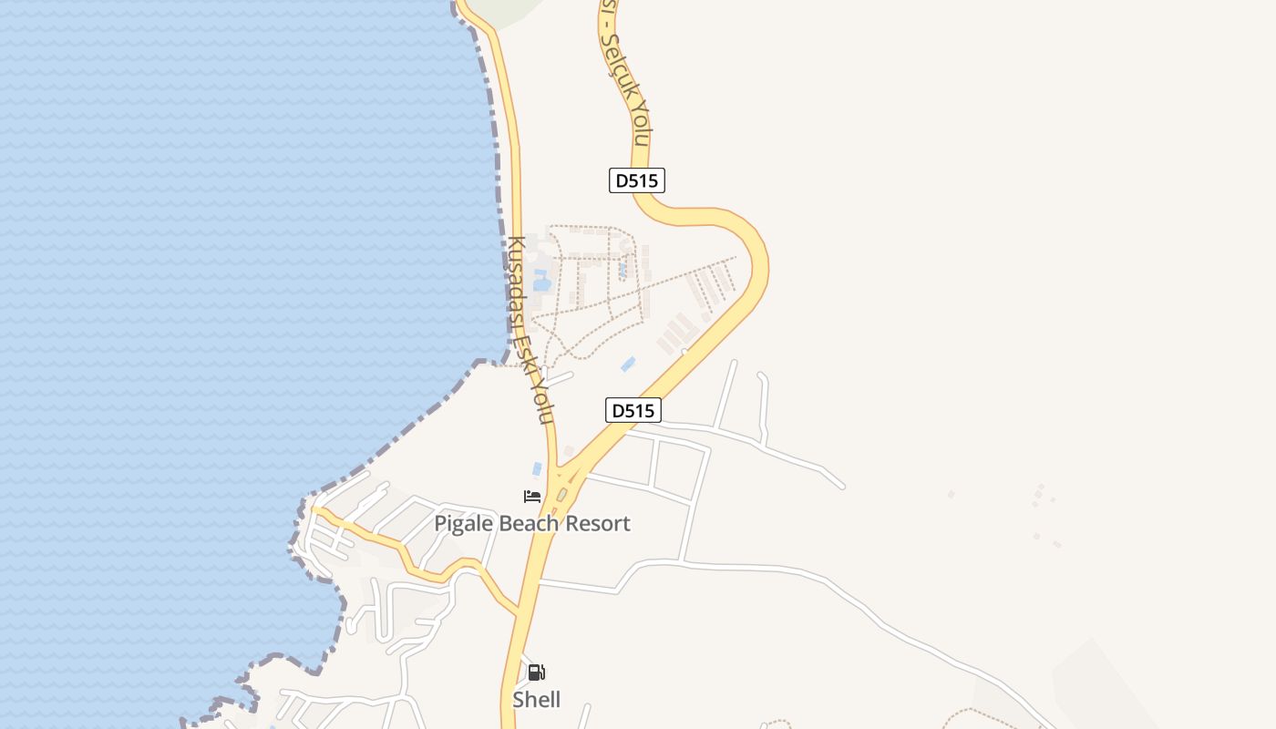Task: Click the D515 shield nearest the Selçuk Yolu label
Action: [636, 180]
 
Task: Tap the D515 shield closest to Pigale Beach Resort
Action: [633, 410]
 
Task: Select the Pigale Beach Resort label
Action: [531, 523]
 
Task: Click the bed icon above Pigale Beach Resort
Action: [532, 497]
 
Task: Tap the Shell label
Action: [536, 700]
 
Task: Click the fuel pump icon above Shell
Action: [536, 673]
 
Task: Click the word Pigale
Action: [463, 524]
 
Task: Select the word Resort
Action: [597, 523]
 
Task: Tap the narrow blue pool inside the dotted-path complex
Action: [623, 270]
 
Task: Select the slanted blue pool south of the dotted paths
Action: [628, 364]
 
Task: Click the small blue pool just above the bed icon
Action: [537, 469]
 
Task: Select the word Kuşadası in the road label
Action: [518, 282]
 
